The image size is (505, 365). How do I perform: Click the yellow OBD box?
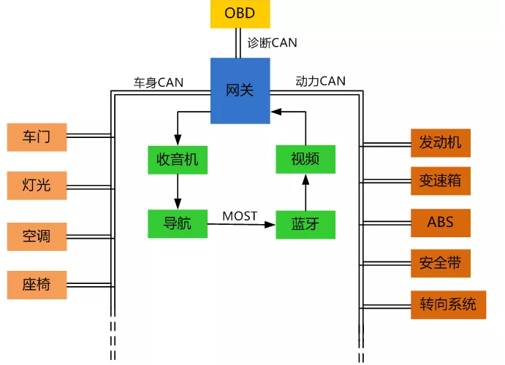pos(240,14)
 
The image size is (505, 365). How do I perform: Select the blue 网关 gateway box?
pos(240,91)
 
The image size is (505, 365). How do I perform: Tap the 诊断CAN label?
pos(272,43)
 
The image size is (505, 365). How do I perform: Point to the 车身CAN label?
pos(159,82)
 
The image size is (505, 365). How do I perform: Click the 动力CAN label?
pos(320,81)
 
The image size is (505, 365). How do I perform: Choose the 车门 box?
pos(37,137)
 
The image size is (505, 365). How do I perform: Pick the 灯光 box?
pos(37,185)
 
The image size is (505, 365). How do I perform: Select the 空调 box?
pos(37,237)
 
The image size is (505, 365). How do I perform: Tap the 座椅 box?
pos(37,285)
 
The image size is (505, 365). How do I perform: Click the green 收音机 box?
pos(178,160)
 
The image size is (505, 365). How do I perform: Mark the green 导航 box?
pos(178,224)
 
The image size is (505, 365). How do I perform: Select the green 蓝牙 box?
pos(305,225)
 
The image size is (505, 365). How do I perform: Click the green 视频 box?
pos(305,159)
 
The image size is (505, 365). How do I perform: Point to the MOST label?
pos(240,216)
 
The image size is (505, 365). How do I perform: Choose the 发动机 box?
pos(440,143)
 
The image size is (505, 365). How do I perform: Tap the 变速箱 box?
pos(440,181)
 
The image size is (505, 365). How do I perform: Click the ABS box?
pos(440,223)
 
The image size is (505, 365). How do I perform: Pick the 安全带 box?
pos(440,263)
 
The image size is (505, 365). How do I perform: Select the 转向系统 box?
pos(448,305)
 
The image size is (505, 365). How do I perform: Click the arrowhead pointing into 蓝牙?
pos(270,225)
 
